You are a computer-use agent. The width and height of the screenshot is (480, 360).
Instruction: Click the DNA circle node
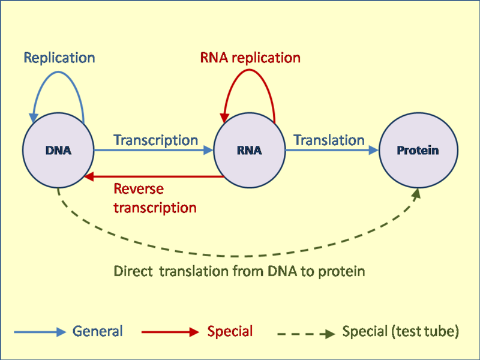[x=58, y=150]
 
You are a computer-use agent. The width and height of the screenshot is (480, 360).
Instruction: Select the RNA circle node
[x=249, y=150]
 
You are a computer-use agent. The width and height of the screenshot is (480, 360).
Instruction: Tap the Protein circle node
[x=418, y=150]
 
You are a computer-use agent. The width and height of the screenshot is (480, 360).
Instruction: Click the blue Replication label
[x=59, y=58]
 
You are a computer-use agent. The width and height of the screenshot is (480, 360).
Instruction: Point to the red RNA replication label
[x=250, y=58]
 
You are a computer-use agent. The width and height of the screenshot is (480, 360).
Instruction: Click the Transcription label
[x=156, y=140]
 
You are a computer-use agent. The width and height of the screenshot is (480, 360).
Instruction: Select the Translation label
[x=329, y=140]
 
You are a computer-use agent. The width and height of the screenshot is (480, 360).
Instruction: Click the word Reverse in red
[x=139, y=188]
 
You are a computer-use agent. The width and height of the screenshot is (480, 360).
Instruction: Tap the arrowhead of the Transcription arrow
[x=208, y=150]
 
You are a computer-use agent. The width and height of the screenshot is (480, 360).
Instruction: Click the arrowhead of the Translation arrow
[x=374, y=150]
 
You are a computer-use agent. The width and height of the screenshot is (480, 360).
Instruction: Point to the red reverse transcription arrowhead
[x=89, y=176]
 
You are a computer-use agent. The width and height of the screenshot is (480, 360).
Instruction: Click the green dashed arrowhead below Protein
[x=416, y=193]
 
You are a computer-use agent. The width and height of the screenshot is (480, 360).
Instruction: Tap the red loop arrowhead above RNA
[x=224, y=118]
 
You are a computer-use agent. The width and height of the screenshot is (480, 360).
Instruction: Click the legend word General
[x=97, y=331]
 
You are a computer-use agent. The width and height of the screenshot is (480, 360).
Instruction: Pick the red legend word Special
[x=230, y=331]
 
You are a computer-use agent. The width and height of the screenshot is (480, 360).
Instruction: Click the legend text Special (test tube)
[x=400, y=332]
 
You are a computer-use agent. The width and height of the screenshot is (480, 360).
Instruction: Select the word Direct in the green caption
[x=133, y=271]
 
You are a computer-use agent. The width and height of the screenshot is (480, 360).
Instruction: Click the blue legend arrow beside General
[x=40, y=332]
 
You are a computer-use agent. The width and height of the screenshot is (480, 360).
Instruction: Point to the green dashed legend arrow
[x=306, y=334]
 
